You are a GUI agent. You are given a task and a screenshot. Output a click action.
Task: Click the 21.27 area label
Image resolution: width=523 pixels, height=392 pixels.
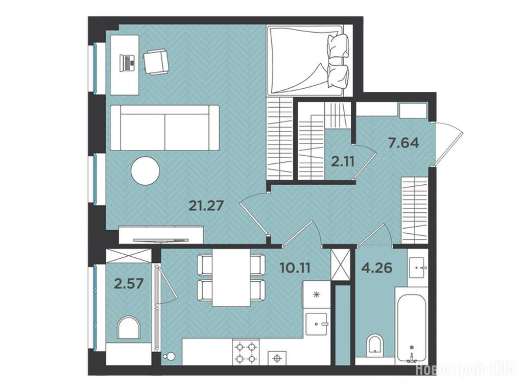tap(206, 206)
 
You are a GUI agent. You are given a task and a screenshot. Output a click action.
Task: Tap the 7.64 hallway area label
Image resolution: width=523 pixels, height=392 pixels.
tap(403, 143)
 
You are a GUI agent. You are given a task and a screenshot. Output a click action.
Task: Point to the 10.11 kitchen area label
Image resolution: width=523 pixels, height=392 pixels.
tap(295, 267)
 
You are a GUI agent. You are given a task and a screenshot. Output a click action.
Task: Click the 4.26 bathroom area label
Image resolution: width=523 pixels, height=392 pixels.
tap(376, 267)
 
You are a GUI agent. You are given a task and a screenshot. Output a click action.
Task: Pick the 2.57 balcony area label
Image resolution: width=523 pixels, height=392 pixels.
tap(129, 283)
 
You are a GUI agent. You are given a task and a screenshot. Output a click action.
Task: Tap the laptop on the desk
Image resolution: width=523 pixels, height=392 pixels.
tap(127, 62)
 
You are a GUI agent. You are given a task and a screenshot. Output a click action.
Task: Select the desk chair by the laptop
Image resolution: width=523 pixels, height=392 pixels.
tap(156, 62)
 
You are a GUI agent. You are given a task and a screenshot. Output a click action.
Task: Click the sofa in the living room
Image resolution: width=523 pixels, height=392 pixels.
tap(164, 128)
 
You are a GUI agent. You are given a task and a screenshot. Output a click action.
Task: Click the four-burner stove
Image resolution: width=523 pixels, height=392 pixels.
tap(246, 353)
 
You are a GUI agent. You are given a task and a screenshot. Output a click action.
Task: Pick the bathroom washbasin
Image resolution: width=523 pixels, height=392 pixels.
tap(417, 267)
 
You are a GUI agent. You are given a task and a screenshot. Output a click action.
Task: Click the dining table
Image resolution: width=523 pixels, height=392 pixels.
tap(231, 277)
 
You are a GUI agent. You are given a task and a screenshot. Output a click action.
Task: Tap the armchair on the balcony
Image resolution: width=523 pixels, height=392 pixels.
tap(128, 328)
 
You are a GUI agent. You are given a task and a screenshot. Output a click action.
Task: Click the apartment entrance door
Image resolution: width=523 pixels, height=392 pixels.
tap(447, 143)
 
